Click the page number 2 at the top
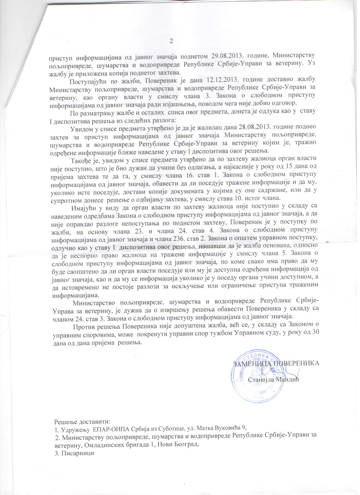[171, 41]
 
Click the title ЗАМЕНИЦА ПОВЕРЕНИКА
[276, 363]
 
